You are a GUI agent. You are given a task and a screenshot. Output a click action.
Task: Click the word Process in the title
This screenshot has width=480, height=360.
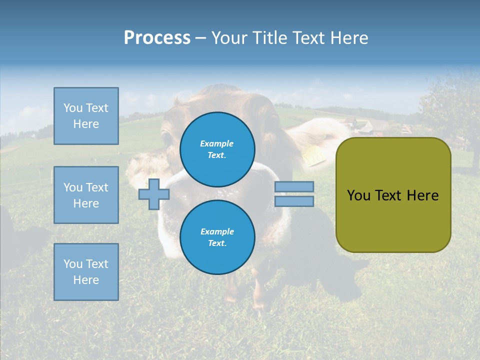pyautogui.click(x=157, y=38)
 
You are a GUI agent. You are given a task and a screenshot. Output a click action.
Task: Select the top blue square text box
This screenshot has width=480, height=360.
pyautogui.click(x=86, y=116)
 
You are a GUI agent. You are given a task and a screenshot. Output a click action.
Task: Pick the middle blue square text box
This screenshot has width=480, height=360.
pyautogui.click(x=86, y=195)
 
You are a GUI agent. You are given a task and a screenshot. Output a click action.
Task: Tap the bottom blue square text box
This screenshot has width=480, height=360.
pyautogui.click(x=86, y=271)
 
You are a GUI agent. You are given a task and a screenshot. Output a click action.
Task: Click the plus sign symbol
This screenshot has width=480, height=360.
pyautogui.click(x=154, y=194)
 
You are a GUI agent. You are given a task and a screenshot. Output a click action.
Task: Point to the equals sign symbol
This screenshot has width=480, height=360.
pyautogui.click(x=294, y=194)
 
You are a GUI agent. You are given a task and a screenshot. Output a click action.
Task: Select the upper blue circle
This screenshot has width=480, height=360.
pyautogui.click(x=217, y=149)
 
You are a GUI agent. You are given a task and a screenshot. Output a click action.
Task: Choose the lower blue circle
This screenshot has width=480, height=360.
pyautogui.click(x=217, y=237)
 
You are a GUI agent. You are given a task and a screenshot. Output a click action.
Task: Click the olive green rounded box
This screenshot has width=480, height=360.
pyautogui.click(x=393, y=195)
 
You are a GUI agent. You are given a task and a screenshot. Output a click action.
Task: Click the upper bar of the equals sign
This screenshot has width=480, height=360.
pyautogui.click(x=294, y=186)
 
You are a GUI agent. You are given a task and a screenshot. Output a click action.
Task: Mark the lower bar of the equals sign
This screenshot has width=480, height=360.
pyautogui.click(x=294, y=201)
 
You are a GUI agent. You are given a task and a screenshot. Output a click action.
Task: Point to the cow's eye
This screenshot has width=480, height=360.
pyautogui.click(x=167, y=135)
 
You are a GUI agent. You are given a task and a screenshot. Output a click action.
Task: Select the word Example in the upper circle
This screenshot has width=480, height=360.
pyautogui.click(x=217, y=143)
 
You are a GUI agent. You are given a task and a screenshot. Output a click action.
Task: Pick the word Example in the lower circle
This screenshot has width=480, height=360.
pyautogui.click(x=217, y=231)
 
